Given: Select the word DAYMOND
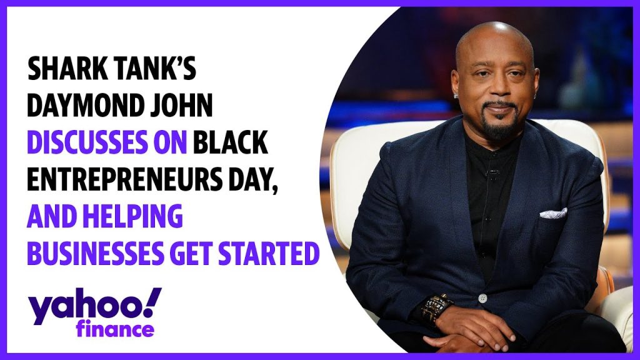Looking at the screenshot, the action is click(x=83, y=106).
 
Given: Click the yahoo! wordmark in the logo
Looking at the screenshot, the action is click(x=95, y=306).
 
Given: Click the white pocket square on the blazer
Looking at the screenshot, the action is click(x=553, y=212).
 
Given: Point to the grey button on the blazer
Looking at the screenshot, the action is click(x=482, y=298).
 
